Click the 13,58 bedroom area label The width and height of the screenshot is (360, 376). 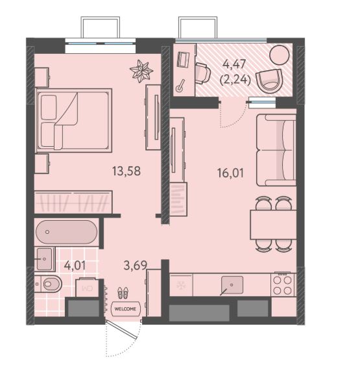click(x=126, y=171)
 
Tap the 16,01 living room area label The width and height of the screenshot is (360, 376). click(x=230, y=173)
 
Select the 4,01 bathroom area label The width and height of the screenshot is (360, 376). click(x=75, y=266)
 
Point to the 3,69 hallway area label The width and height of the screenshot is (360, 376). click(x=135, y=266)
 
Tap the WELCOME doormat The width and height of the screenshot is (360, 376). click(x=125, y=309)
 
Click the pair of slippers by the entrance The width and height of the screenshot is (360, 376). click(x=123, y=293)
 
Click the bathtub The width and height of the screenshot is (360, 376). click(x=67, y=232)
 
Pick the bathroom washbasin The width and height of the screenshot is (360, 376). click(x=45, y=259)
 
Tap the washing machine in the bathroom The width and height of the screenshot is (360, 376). click(x=87, y=288)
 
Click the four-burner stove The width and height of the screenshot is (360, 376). click(x=282, y=285)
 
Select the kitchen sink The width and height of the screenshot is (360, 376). click(x=232, y=285)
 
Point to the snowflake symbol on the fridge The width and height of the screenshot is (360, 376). click(x=180, y=285)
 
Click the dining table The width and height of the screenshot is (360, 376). click(x=273, y=225)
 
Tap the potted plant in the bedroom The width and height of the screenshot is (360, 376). click(x=141, y=71)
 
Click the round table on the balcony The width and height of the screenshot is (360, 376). click(x=280, y=55)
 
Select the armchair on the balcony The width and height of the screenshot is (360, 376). click(x=269, y=82)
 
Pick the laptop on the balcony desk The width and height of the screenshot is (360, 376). click(x=183, y=59)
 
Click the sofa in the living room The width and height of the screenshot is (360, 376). click(x=276, y=150)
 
